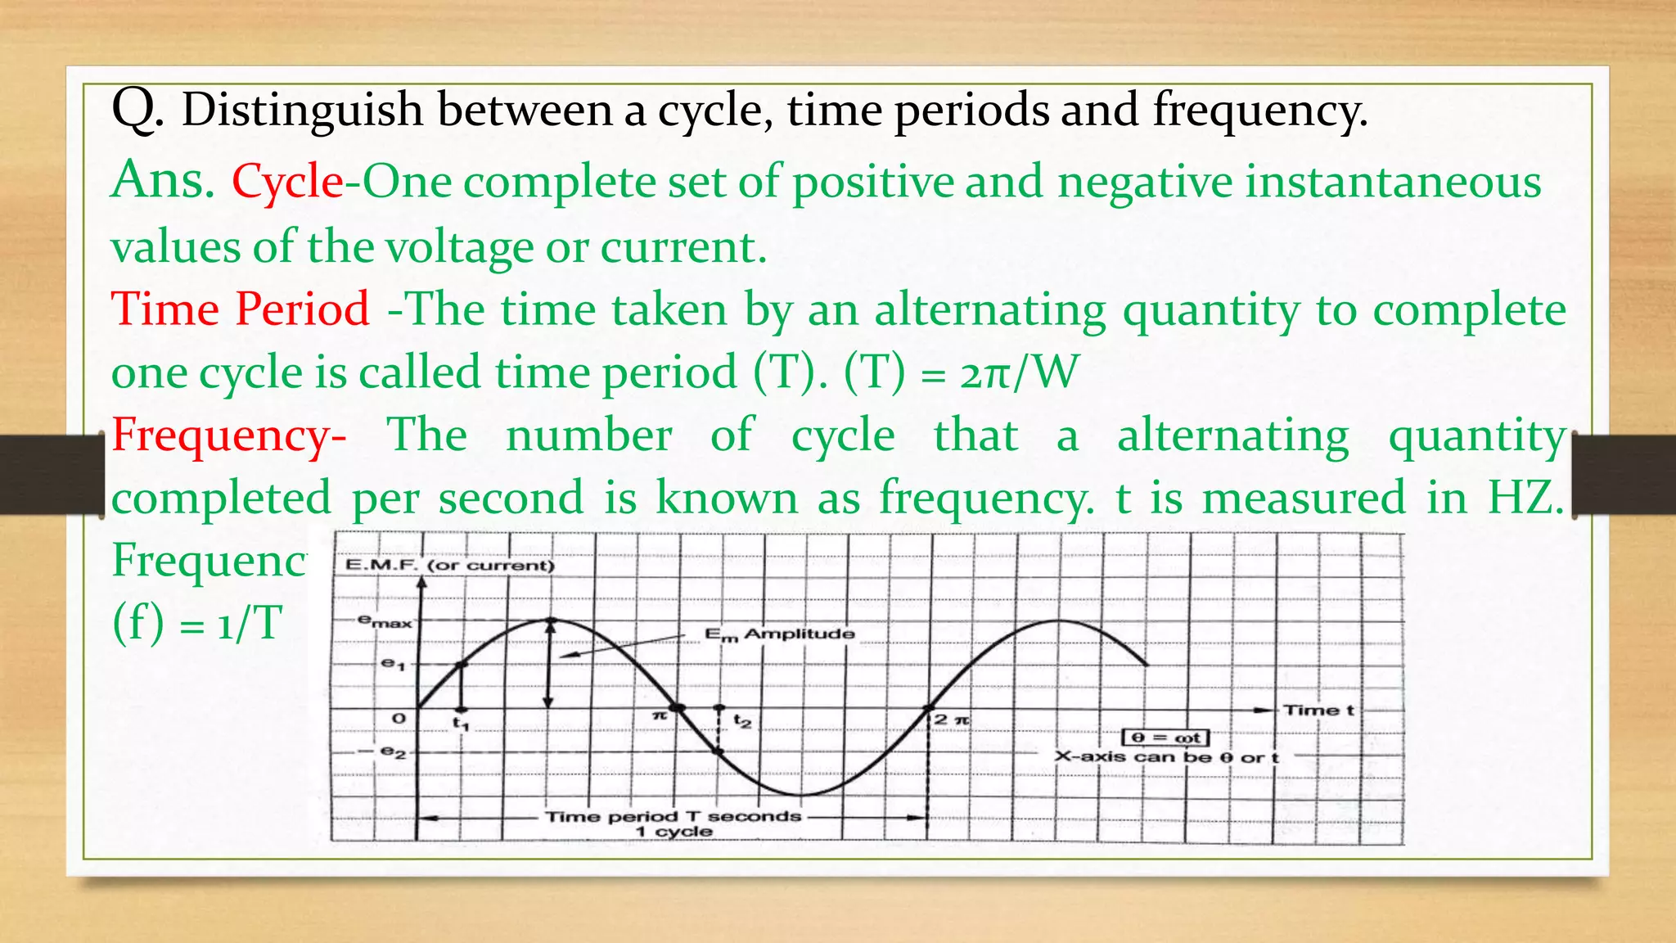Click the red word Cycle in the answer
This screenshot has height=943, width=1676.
point(287,182)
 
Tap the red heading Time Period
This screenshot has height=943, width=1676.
point(241,309)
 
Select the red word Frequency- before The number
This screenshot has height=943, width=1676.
point(228,435)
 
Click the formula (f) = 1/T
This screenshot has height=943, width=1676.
point(197,623)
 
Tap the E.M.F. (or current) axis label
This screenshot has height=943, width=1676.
point(449,565)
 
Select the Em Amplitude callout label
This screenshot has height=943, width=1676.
point(779,634)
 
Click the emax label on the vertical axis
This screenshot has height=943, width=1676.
point(385,622)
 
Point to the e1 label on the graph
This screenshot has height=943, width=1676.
point(393,664)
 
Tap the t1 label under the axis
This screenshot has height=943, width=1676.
point(461,724)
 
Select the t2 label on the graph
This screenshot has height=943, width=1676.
point(741,721)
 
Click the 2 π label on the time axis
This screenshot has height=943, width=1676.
point(953,720)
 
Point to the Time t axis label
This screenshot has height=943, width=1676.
point(1318,710)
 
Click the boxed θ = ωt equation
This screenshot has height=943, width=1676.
point(1165,738)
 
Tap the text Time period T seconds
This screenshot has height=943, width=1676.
point(673,816)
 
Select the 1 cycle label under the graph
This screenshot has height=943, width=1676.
point(674,832)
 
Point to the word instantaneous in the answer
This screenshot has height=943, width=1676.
point(1393,182)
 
